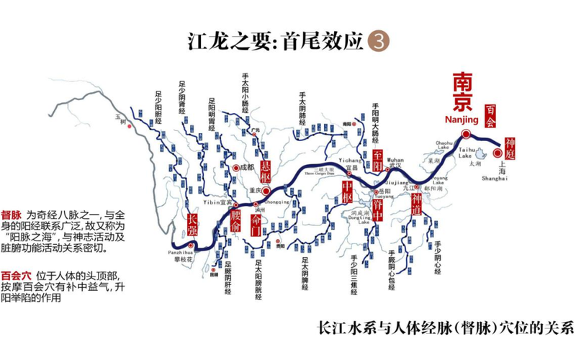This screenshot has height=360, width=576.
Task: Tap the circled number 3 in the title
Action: tap(377, 40)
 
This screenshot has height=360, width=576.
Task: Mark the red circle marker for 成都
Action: tap(235, 167)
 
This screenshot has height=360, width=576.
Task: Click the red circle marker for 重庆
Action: tap(266, 191)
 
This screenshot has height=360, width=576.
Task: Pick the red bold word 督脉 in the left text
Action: tap(12, 215)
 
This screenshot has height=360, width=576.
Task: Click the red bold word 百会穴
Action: tap(17, 274)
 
